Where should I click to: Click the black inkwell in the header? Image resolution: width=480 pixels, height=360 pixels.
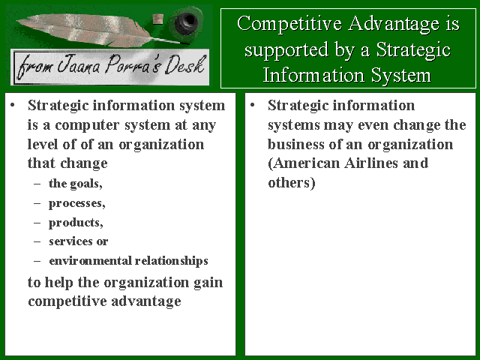[x=186, y=22]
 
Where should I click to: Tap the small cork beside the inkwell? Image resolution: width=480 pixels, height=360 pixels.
[x=157, y=19]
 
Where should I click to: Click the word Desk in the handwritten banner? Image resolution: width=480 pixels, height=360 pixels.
[x=184, y=65]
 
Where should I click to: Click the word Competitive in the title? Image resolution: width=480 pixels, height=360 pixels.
[x=289, y=24]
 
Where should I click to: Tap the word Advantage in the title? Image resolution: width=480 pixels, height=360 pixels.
[x=394, y=25]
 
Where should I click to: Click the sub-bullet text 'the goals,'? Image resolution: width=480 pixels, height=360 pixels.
[x=75, y=183]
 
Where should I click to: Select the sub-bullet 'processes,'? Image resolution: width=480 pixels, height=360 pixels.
[x=76, y=203]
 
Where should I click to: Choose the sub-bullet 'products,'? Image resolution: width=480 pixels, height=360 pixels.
[x=76, y=223]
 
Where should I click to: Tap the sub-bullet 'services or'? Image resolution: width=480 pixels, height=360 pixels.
[x=78, y=241]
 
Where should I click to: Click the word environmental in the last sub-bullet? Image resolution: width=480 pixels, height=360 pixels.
[x=90, y=260]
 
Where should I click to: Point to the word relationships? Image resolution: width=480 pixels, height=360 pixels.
[x=172, y=261]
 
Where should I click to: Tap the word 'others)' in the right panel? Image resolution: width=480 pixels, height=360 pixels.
[x=292, y=183]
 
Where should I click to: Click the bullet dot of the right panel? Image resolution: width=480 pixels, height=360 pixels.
[x=252, y=106]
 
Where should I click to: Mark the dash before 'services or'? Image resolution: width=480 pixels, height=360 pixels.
[x=37, y=241]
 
